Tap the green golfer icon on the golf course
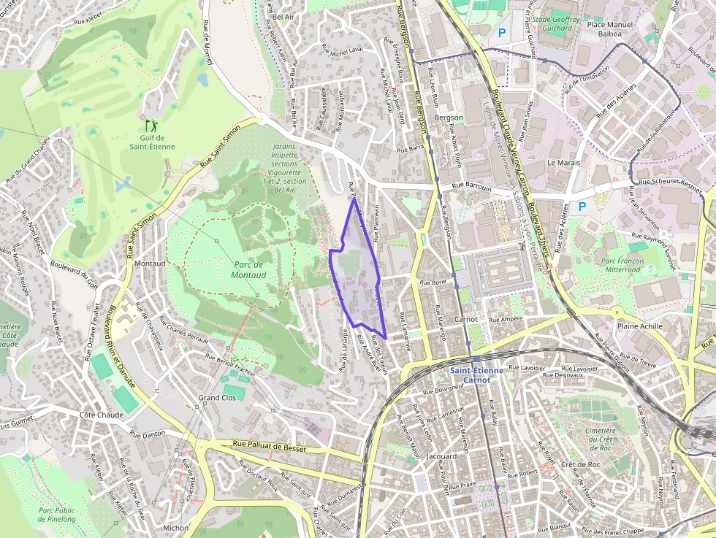(151, 126)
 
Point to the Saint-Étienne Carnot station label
(476, 375)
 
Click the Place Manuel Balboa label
(610, 28)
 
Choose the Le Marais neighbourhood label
(563, 163)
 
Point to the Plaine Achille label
(640, 326)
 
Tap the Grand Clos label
(218, 398)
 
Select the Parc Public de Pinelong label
(57, 515)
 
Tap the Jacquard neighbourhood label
(441, 457)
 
